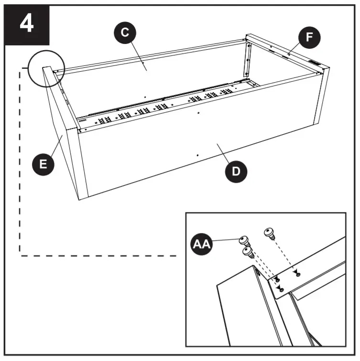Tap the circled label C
(x=124, y=32)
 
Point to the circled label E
(x=43, y=164)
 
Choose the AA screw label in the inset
(x=201, y=244)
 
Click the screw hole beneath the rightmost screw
(x=298, y=274)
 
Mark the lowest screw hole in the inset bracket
(x=281, y=290)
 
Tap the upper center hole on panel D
(x=197, y=114)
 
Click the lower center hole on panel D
(x=197, y=155)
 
